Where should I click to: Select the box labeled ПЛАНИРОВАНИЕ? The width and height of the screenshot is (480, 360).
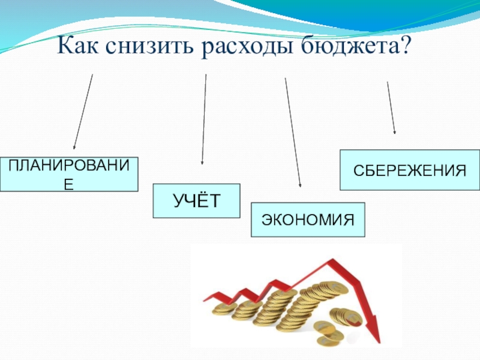point(69,174)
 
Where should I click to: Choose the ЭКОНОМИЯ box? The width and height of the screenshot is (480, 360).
point(307,220)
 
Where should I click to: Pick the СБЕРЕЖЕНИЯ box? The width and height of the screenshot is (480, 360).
point(410,170)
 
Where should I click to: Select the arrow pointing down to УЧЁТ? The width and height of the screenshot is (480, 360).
point(204,120)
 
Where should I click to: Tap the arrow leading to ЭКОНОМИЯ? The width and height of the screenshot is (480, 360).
point(293,132)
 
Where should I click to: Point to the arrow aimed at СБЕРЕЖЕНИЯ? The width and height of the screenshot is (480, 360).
point(391,108)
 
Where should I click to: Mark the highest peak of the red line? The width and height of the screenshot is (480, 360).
point(331,260)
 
